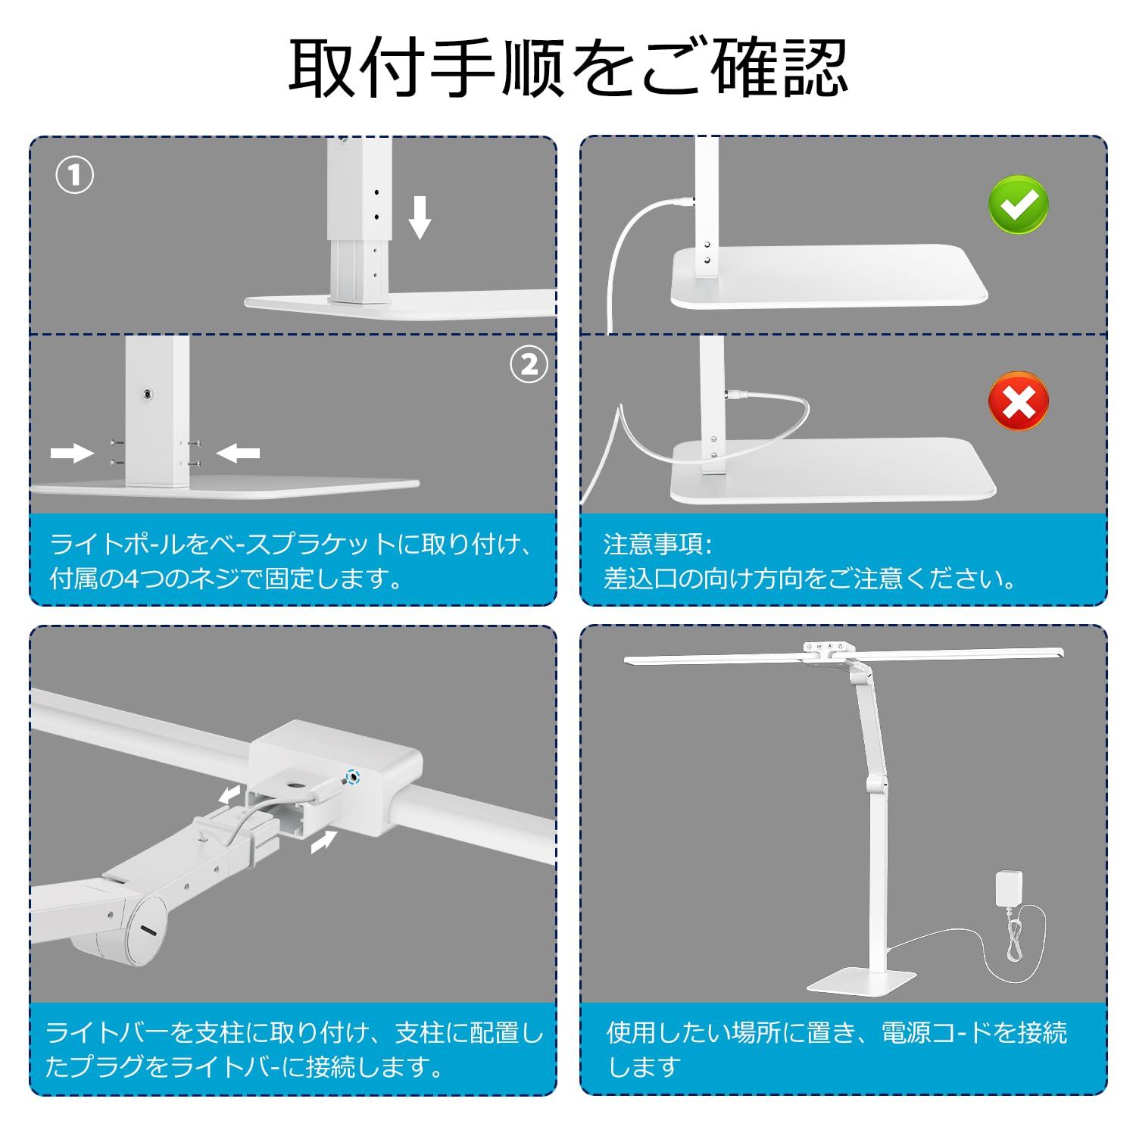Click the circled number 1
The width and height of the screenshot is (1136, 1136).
(x=75, y=176)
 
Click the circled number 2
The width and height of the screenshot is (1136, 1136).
(x=529, y=365)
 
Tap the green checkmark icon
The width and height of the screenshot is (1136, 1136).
(x=1019, y=203)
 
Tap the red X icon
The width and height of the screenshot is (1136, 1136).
(x=1019, y=401)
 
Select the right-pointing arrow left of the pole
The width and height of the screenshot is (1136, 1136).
(x=72, y=453)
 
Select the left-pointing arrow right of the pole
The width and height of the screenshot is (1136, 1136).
(x=238, y=453)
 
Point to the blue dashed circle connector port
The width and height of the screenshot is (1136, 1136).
(x=351, y=776)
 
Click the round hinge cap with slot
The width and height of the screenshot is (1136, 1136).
(x=146, y=929)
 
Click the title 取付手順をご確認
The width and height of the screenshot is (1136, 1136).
(x=568, y=68)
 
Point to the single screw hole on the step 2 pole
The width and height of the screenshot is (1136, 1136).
(x=145, y=394)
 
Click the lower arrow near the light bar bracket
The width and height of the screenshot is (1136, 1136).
(x=323, y=841)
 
